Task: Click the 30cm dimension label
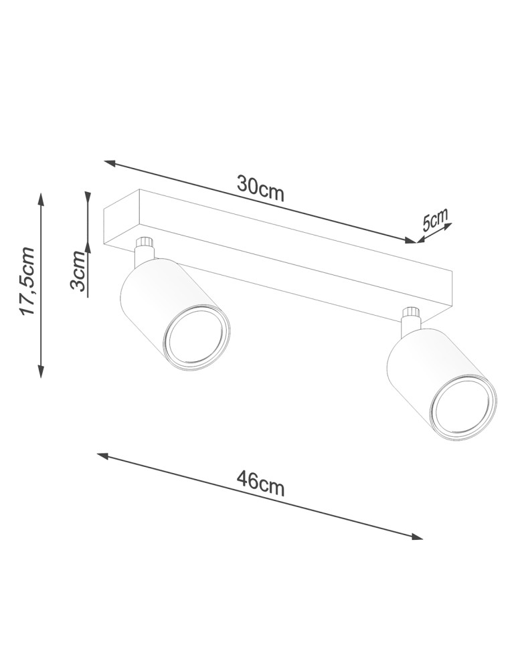point(260,188)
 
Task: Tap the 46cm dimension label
point(260,482)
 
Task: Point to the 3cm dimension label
point(79,271)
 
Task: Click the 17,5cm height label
point(27,282)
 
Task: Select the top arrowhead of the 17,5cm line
point(41,199)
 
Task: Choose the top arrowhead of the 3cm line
point(88,196)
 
